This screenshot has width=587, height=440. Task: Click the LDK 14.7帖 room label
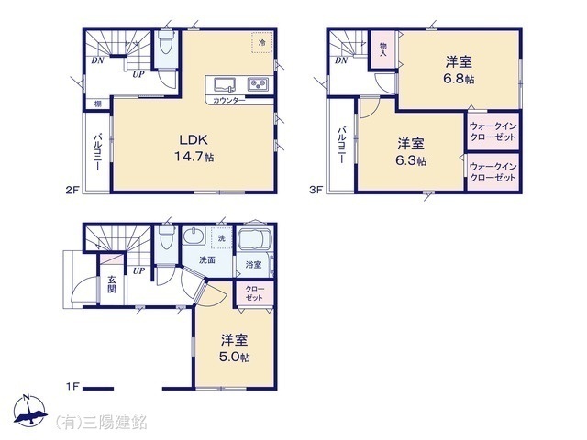[x=195, y=148]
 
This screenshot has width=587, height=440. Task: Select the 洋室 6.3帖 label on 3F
[x=411, y=152]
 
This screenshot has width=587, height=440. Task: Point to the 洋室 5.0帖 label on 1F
[x=233, y=347]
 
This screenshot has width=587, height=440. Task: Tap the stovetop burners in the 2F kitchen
[x=258, y=85]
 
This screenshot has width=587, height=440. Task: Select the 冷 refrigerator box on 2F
[x=261, y=43]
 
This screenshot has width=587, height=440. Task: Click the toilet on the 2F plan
[x=165, y=44]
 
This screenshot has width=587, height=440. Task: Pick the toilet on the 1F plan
[x=165, y=240]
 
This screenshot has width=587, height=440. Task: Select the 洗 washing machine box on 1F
[x=221, y=238]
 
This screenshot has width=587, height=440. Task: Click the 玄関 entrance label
[x=112, y=283]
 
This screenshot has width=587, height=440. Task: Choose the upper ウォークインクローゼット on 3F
[x=493, y=131]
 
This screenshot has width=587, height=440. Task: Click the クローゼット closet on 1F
[x=254, y=294]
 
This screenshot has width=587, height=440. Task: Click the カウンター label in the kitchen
[x=228, y=99]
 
